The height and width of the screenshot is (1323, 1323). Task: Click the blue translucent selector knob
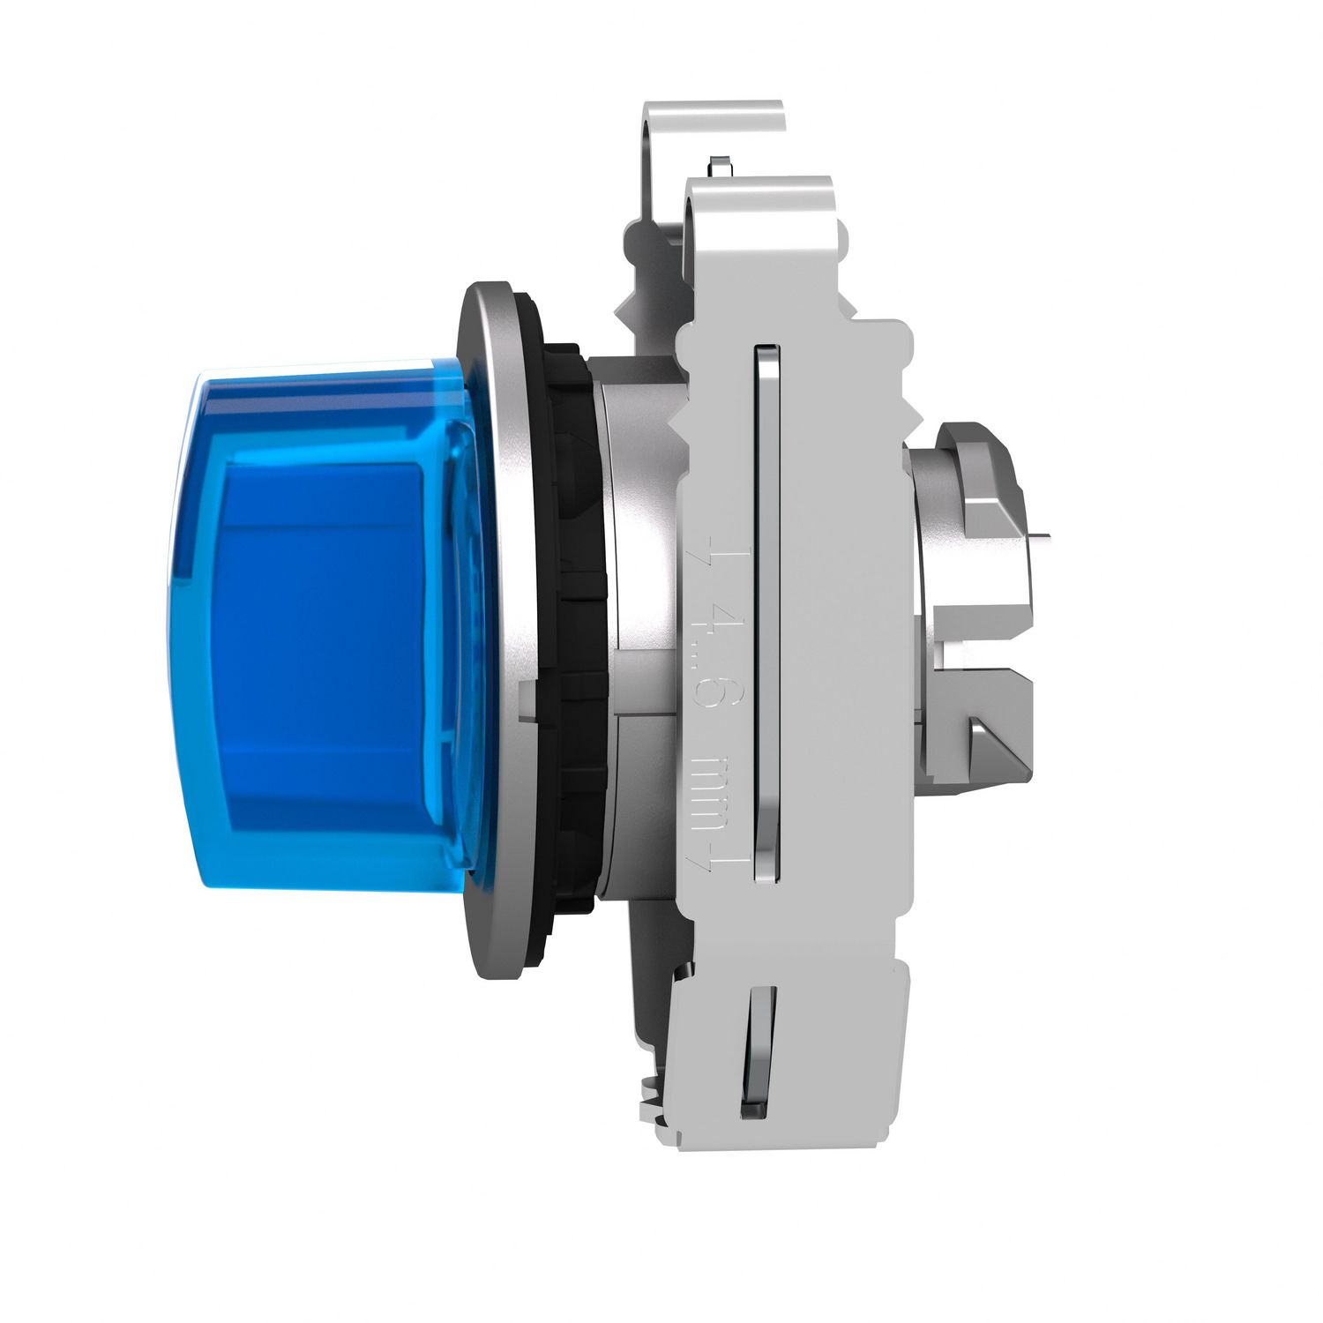[x=326, y=617]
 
